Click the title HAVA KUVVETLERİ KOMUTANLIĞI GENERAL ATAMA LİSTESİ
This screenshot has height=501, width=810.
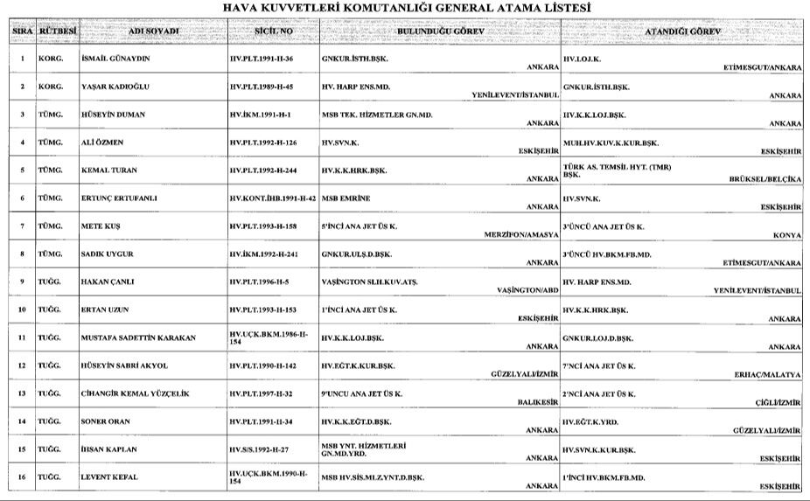point(406,8)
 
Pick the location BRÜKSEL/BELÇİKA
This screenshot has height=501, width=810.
point(765,179)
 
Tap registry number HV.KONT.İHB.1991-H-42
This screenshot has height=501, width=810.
point(273,198)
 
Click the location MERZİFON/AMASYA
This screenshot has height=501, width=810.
point(520,235)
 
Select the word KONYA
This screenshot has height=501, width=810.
point(786,235)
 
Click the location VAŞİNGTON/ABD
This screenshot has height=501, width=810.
point(527,291)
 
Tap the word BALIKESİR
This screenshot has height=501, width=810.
point(534,403)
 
